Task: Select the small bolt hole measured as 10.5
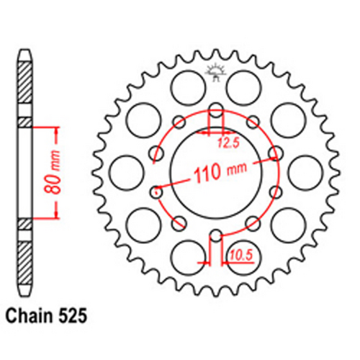(x=215, y=233)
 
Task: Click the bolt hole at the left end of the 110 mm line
(x=156, y=192)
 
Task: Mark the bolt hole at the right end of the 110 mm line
(x=274, y=153)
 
